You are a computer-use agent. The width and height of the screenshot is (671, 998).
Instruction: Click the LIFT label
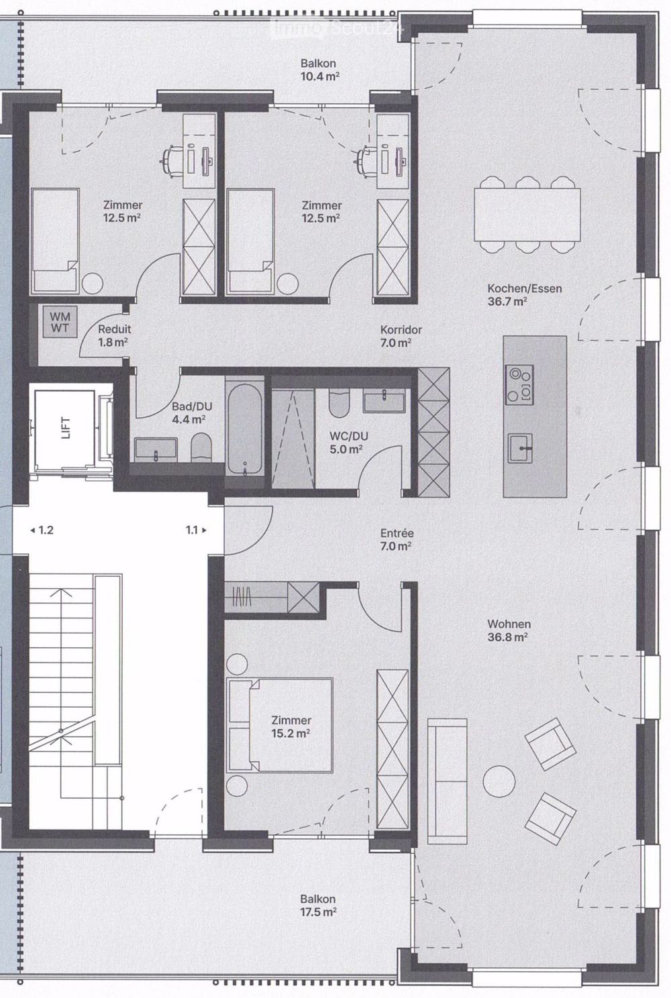click(66, 427)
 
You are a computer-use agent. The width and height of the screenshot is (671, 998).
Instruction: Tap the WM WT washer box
click(60, 323)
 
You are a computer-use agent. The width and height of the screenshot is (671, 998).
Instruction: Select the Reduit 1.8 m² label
click(114, 335)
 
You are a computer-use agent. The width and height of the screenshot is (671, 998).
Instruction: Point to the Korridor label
click(401, 330)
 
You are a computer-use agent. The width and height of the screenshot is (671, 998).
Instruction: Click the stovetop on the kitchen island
click(519, 385)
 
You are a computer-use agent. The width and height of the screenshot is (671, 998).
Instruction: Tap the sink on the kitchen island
click(520, 449)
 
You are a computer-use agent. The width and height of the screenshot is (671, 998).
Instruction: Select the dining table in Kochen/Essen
click(527, 215)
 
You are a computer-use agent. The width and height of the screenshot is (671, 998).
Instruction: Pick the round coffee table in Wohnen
click(499, 781)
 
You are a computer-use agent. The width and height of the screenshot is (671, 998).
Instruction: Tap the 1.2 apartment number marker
click(42, 530)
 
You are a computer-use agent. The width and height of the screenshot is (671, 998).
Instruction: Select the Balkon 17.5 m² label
click(318, 905)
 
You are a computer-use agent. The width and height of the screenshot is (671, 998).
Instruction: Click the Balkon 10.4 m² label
click(319, 70)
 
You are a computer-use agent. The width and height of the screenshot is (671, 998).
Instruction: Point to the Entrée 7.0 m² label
click(397, 539)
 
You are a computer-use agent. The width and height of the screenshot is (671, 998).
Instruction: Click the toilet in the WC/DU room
click(339, 404)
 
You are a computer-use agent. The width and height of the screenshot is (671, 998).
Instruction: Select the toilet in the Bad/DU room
click(201, 448)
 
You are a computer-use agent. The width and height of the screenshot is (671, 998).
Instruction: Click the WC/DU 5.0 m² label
click(349, 443)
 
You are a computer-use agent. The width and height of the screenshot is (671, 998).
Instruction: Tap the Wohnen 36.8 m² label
click(508, 630)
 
